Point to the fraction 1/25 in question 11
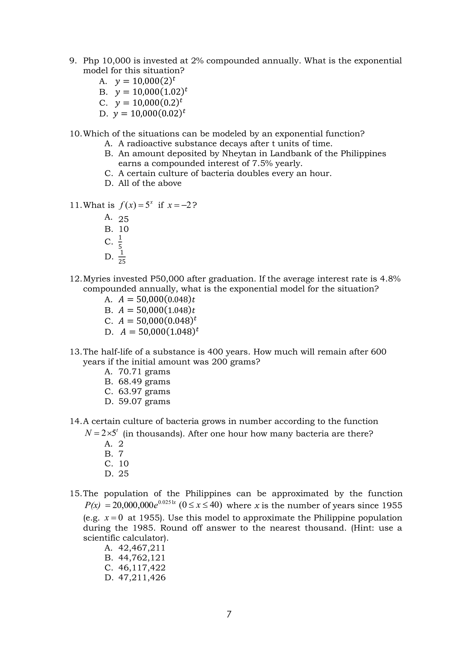pyautogui.click(x=122, y=257)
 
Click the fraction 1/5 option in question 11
pyautogui.click(x=120, y=242)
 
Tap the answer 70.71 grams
pyautogui.click(x=144, y=372)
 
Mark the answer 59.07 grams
pyautogui.click(x=144, y=401)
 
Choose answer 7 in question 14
pyautogui.click(x=121, y=454)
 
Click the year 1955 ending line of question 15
pyautogui.click(x=392, y=505)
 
